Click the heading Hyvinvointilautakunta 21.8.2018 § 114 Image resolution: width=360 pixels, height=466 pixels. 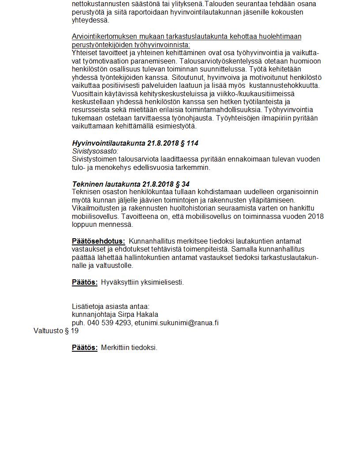tap(132, 143)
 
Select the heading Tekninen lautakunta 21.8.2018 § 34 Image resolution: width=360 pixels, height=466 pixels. tap(131, 184)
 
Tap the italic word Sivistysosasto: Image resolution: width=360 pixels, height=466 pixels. tap(95, 151)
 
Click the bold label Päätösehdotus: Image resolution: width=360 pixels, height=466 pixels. tap(98, 241)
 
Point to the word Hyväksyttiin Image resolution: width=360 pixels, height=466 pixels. tap(120, 282)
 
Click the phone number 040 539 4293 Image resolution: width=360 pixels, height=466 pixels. tap(109, 323)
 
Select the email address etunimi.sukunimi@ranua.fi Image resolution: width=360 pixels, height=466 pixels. tap(176, 323)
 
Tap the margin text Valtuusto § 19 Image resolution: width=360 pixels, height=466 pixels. tap(56, 331)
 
